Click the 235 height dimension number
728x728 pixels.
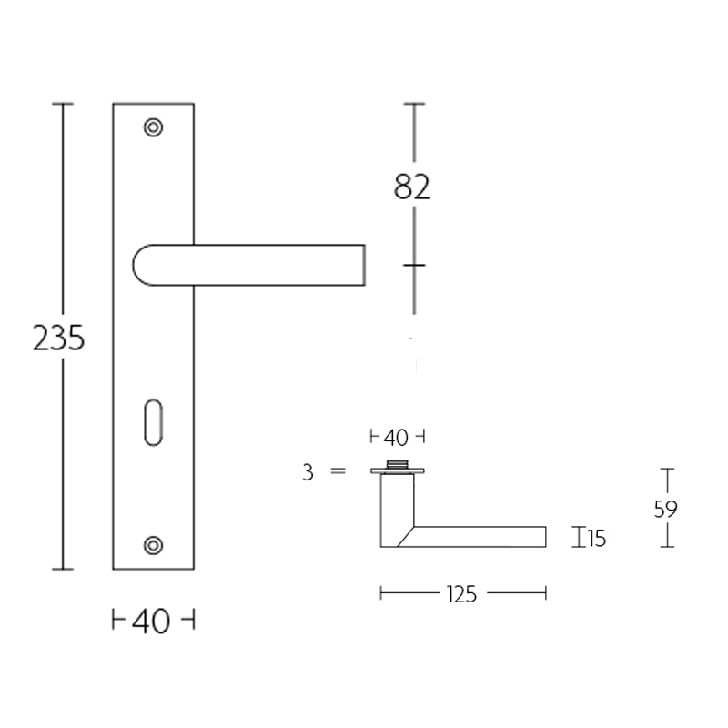(58, 339)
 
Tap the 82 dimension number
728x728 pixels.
(412, 187)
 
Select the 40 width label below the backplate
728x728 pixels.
(152, 622)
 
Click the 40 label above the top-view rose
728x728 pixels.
(396, 438)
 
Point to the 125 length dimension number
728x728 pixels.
(462, 594)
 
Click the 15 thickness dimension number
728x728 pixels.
(596, 539)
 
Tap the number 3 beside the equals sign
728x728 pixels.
(308, 471)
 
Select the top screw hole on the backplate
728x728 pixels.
(154, 126)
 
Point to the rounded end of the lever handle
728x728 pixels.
(142, 265)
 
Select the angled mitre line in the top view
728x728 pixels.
(406, 536)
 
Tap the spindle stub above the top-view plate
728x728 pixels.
(398, 465)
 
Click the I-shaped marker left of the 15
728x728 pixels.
(577, 538)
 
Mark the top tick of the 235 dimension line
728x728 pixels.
(62, 105)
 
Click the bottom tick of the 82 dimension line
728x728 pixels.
(414, 265)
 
